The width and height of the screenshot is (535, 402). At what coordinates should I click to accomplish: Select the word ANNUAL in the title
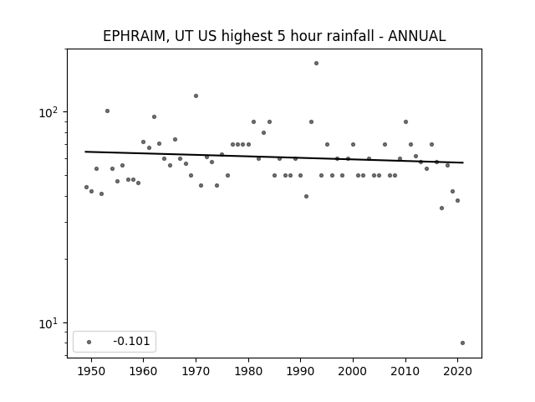(x=416, y=36)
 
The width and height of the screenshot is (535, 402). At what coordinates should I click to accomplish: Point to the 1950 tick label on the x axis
(x=91, y=371)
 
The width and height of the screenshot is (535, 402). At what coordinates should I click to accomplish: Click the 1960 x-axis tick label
(x=143, y=371)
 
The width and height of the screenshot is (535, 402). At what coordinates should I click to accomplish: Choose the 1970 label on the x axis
(x=196, y=371)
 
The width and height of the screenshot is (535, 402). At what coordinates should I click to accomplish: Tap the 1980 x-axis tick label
(x=248, y=371)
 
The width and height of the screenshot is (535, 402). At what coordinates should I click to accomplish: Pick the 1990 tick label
(x=301, y=371)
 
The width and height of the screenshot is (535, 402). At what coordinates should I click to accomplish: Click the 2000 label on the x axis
(x=353, y=371)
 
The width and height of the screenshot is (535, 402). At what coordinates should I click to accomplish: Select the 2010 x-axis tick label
(x=405, y=371)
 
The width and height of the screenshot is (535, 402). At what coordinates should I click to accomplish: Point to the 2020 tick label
(x=458, y=371)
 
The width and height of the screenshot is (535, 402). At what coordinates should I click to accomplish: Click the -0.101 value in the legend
(x=131, y=341)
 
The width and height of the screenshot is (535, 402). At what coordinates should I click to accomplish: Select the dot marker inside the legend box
(x=89, y=342)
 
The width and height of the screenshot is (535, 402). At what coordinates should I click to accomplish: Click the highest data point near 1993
(x=316, y=64)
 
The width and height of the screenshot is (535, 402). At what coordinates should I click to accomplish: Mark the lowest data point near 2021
(x=462, y=343)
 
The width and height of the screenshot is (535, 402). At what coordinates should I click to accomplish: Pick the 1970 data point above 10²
(x=196, y=96)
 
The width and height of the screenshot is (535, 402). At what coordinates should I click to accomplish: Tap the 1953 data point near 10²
(x=107, y=111)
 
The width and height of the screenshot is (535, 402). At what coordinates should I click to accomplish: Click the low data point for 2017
(x=442, y=209)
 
